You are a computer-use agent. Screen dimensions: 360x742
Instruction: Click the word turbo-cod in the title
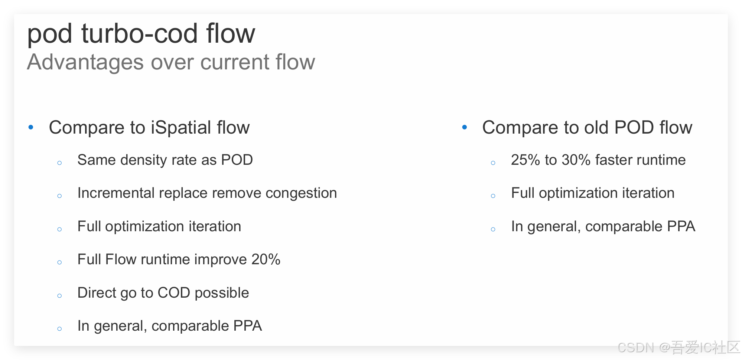(x=139, y=34)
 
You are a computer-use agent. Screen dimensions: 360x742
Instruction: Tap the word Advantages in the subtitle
(x=85, y=62)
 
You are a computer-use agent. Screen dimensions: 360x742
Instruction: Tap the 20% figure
(x=266, y=259)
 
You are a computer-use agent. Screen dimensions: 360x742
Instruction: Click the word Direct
(x=96, y=293)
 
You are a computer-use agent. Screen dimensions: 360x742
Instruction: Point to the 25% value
(x=525, y=160)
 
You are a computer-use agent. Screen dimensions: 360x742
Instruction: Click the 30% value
(x=576, y=160)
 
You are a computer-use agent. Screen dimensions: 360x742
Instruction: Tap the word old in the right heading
(x=596, y=128)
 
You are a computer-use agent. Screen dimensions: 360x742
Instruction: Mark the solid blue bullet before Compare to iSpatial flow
(x=31, y=128)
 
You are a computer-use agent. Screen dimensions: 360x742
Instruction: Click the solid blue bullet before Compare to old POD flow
(x=464, y=128)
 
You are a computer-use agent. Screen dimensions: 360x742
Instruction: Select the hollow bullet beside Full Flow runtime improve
(x=59, y=262)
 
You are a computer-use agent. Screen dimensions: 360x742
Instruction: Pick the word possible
(x=222, y=293)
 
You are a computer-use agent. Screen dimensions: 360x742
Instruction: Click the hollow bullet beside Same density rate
(x=59, y=163)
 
